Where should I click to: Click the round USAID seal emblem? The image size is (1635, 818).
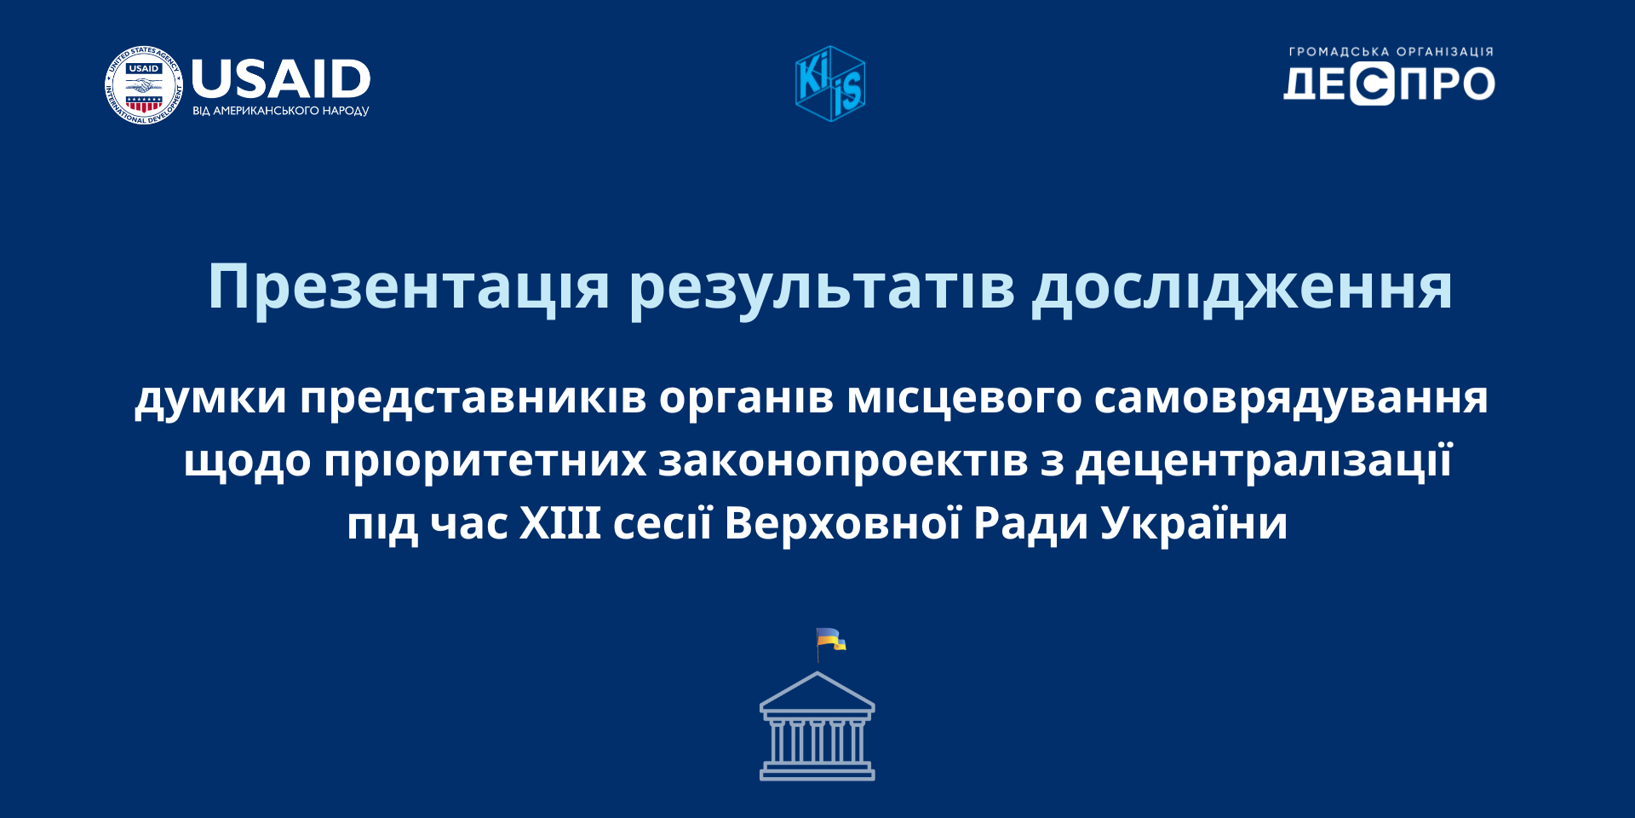[x=143, y=85]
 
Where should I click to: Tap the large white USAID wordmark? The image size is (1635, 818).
[x=281, y=79]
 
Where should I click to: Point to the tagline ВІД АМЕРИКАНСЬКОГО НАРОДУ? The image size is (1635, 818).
[x=281, y=111]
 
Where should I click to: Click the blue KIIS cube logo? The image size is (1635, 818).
[x=830, y=84]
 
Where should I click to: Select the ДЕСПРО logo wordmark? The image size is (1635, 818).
[x=1389, y=84]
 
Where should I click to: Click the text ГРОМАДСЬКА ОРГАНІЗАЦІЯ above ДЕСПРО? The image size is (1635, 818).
[x=1391, y=52]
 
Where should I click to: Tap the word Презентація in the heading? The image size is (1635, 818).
[x=410, y=287]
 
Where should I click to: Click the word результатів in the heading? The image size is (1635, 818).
[x=822, y=287]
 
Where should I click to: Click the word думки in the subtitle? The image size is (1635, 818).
[x=210, y=398]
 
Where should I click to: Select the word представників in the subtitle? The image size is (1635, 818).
[x=473, y=398]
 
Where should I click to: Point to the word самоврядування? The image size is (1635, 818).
[x=1291, y=398]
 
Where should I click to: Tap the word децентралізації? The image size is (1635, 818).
[x=1264, y=461]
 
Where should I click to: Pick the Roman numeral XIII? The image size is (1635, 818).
[x=560, y=522]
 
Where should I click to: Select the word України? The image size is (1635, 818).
[x=1194, y=522]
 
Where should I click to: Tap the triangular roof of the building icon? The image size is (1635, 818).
[x=817, y=691]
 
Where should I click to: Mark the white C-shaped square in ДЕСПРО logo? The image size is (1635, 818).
[x=1372, y=84]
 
